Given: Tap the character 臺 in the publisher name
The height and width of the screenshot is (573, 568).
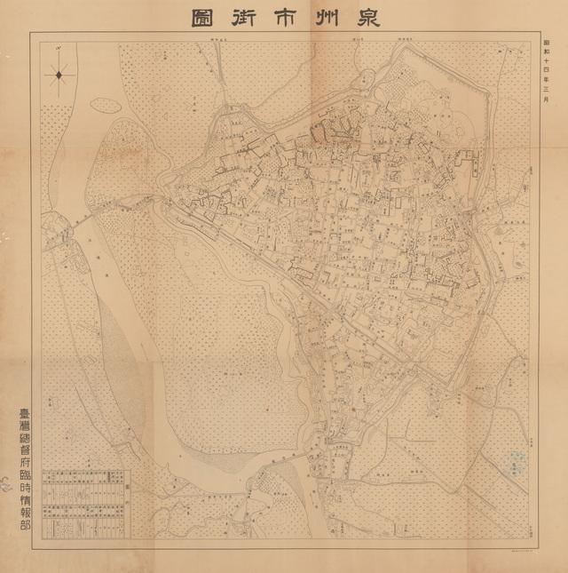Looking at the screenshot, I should [x=21, y=415].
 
